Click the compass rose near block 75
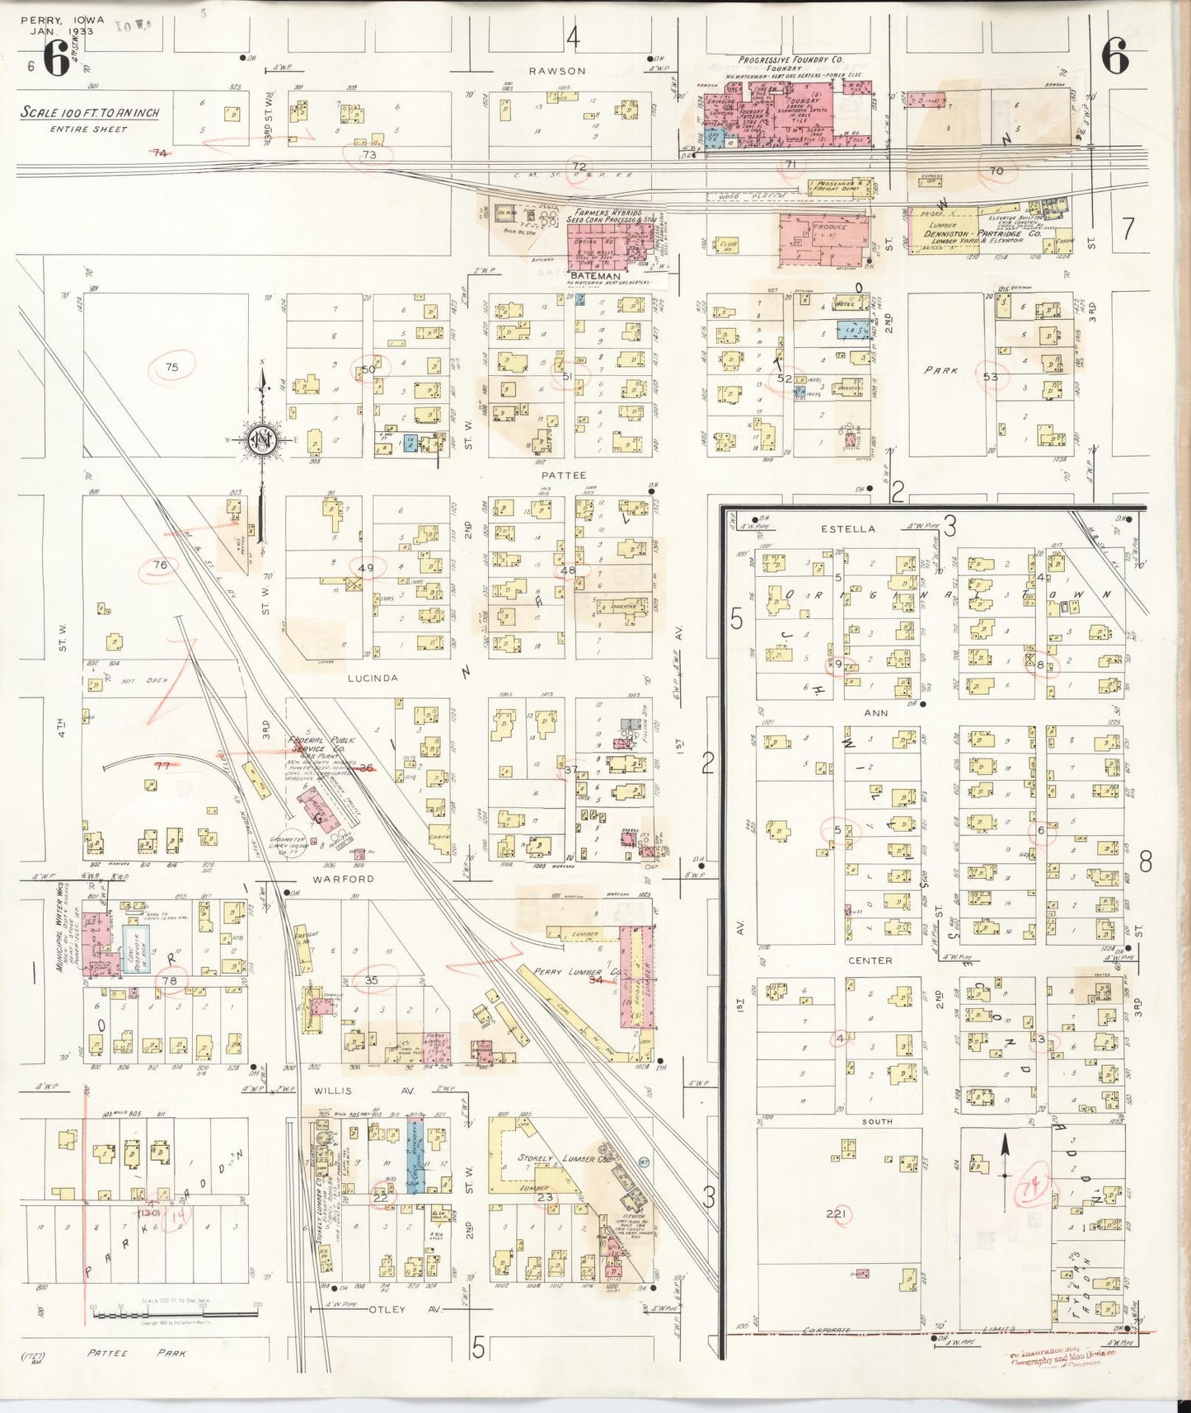pos(261,442)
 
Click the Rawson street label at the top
pos(557,71)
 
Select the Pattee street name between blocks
pos(564,476)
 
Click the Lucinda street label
pos(373,678)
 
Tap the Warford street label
pos(343,879)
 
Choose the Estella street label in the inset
pos(847,528)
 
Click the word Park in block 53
pos(940,371)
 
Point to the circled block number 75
pos(171,367)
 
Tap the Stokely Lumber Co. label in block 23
pos(552,1158)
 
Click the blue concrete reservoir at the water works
pos(135,948)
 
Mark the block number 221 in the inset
pos(837,1213)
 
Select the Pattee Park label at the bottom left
pos(137,1353)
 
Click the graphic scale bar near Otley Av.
pos(176,1313)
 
